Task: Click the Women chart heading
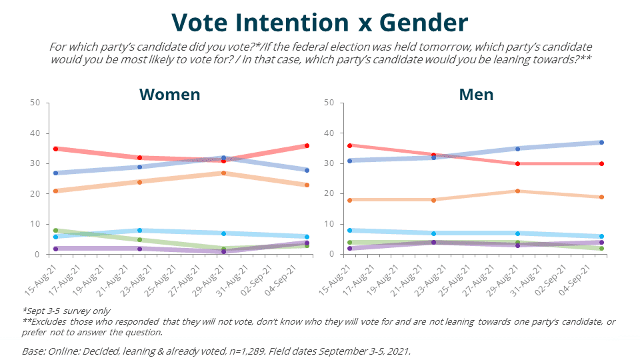[169, 94]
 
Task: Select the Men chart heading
[476, 94]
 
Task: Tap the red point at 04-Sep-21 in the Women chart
[307, 145]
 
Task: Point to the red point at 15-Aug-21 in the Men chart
[350, 145]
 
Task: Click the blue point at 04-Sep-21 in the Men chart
[601, 143]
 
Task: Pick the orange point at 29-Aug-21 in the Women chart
[224, 173]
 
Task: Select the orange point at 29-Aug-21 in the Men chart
[517, 191]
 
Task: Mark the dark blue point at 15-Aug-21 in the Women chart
[55, 173]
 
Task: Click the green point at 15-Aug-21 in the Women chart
[55, 230]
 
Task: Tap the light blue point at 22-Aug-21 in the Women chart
[139, 230]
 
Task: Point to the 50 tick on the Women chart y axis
[36, 103]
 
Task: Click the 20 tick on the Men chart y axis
[329, 194]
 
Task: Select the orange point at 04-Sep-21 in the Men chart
[601, 197]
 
